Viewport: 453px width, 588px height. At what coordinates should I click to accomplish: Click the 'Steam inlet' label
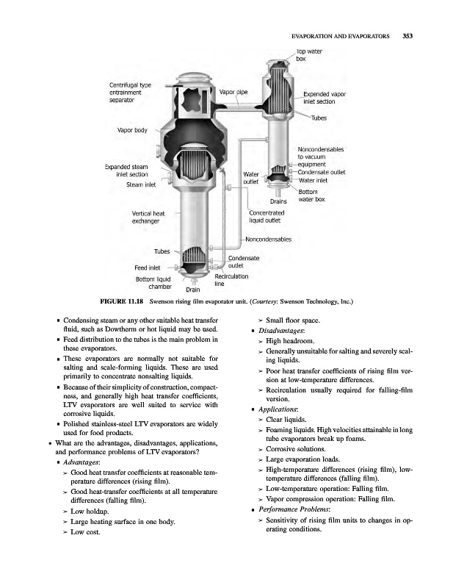[141, 184]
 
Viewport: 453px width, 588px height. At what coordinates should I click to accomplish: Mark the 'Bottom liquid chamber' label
[154, 283]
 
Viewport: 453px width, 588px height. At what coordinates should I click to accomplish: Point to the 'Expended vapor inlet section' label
[325, 98]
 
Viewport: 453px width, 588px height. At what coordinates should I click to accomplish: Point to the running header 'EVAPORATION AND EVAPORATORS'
[340, 35]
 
